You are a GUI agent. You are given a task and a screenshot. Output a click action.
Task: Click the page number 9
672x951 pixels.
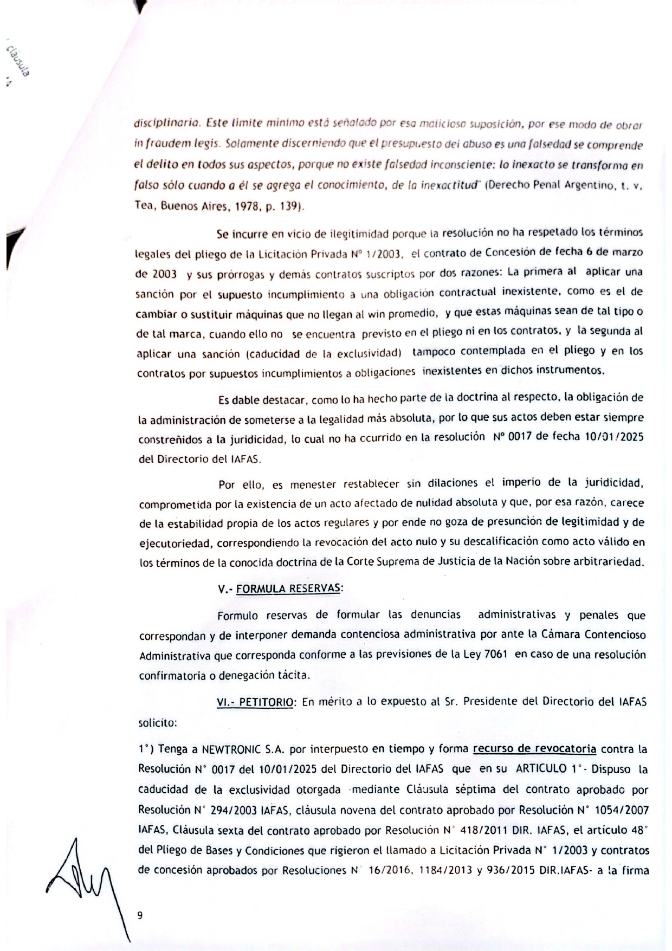point(140,915)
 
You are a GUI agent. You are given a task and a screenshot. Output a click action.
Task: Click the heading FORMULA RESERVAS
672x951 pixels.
point(288,588)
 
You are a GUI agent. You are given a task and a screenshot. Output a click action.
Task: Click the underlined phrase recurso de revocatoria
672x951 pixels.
point(534,749)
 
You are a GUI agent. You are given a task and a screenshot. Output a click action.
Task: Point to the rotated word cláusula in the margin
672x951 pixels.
point(18,60)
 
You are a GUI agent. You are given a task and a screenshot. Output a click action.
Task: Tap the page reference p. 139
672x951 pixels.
point(286,206)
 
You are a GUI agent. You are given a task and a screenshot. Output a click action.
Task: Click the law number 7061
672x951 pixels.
point(495,654)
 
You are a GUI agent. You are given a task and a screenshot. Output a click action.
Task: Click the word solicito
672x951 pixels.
point(157,723)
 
